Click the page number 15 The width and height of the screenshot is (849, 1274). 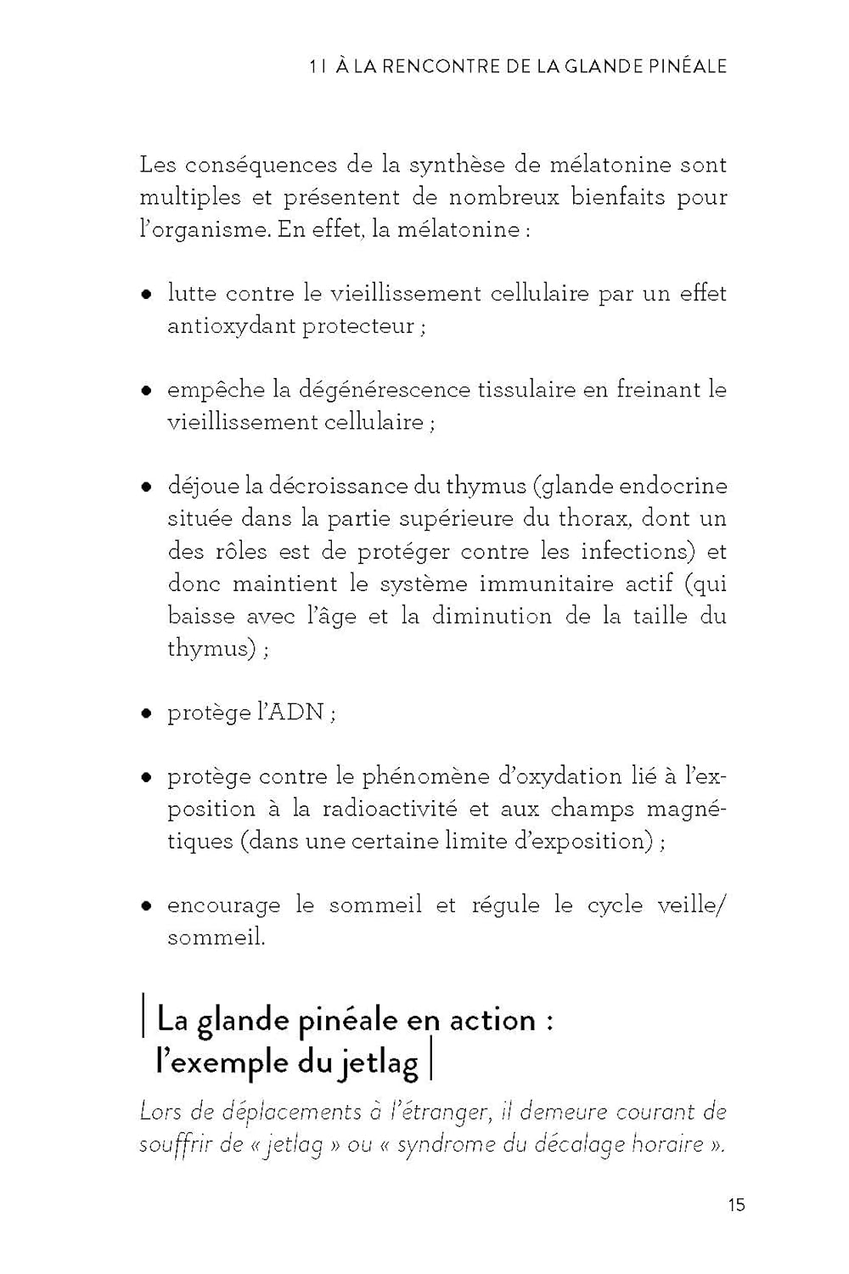(x=736, y=1204)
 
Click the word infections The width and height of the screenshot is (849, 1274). (x=633, y=551)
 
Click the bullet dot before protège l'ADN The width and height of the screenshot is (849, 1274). (x=146, y=713)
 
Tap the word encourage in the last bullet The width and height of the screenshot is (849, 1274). (x=223, y=905)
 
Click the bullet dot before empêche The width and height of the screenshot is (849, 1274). (x=146, y=392)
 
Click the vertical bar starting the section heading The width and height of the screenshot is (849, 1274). (x=143, y=1019)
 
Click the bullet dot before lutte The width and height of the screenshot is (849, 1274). (x=146, y=295)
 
